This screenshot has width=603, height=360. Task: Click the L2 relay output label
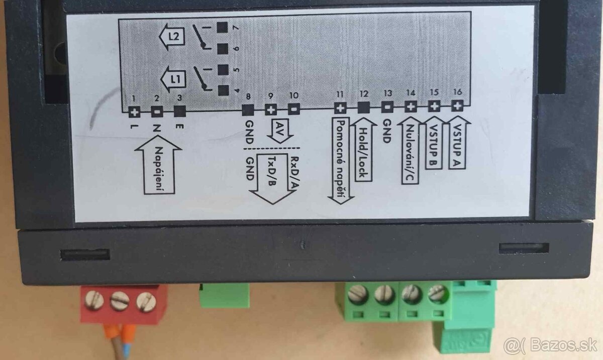click(x=172, y=36)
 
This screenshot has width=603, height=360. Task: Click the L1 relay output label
click(x=172, y=79)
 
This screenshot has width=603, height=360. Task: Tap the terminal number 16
click(x=457, y=92)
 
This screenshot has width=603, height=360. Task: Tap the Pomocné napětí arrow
click(x=340, y=161)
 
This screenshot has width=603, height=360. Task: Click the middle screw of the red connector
click(x=120, y=301)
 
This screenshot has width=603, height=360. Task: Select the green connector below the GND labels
click(x=224, y=296)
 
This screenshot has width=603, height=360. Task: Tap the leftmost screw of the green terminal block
click(x=357, y=293)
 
